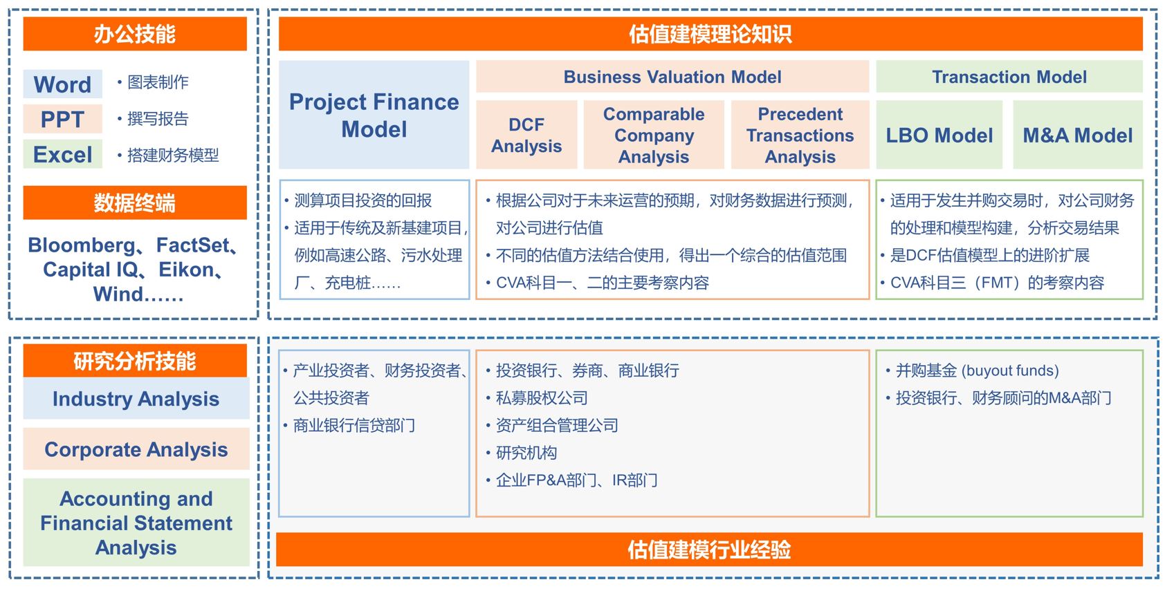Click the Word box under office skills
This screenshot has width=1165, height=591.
tap(63, 84)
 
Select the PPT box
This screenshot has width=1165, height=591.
tap(63, 119)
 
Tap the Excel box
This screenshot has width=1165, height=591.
tap(63, 154)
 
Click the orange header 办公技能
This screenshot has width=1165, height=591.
tap(135, 34)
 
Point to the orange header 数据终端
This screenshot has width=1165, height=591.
tap(135, 203)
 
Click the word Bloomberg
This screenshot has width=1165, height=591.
tap(82, 245)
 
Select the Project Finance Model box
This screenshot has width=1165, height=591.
tap(374, 115)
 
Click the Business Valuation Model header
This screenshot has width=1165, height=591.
tap(672, 77)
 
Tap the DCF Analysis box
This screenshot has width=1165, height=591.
tap(526, 135)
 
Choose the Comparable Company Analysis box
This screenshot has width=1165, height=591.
tap(654, 135)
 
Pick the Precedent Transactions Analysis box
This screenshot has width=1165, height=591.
tap(800, 135)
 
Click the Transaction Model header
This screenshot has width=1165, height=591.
tap(1009, 77)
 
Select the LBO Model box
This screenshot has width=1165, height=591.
tap(939, 135)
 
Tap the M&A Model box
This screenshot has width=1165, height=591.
tap(1078, 135)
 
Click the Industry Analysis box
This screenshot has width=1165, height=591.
tap(136, 399)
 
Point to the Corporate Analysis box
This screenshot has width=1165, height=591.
tap(136, 449)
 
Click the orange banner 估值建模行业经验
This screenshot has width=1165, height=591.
tap(709, 550)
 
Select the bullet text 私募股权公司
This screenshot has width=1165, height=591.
tap(542, 398)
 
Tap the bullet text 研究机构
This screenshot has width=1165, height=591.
tap(526, 453)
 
